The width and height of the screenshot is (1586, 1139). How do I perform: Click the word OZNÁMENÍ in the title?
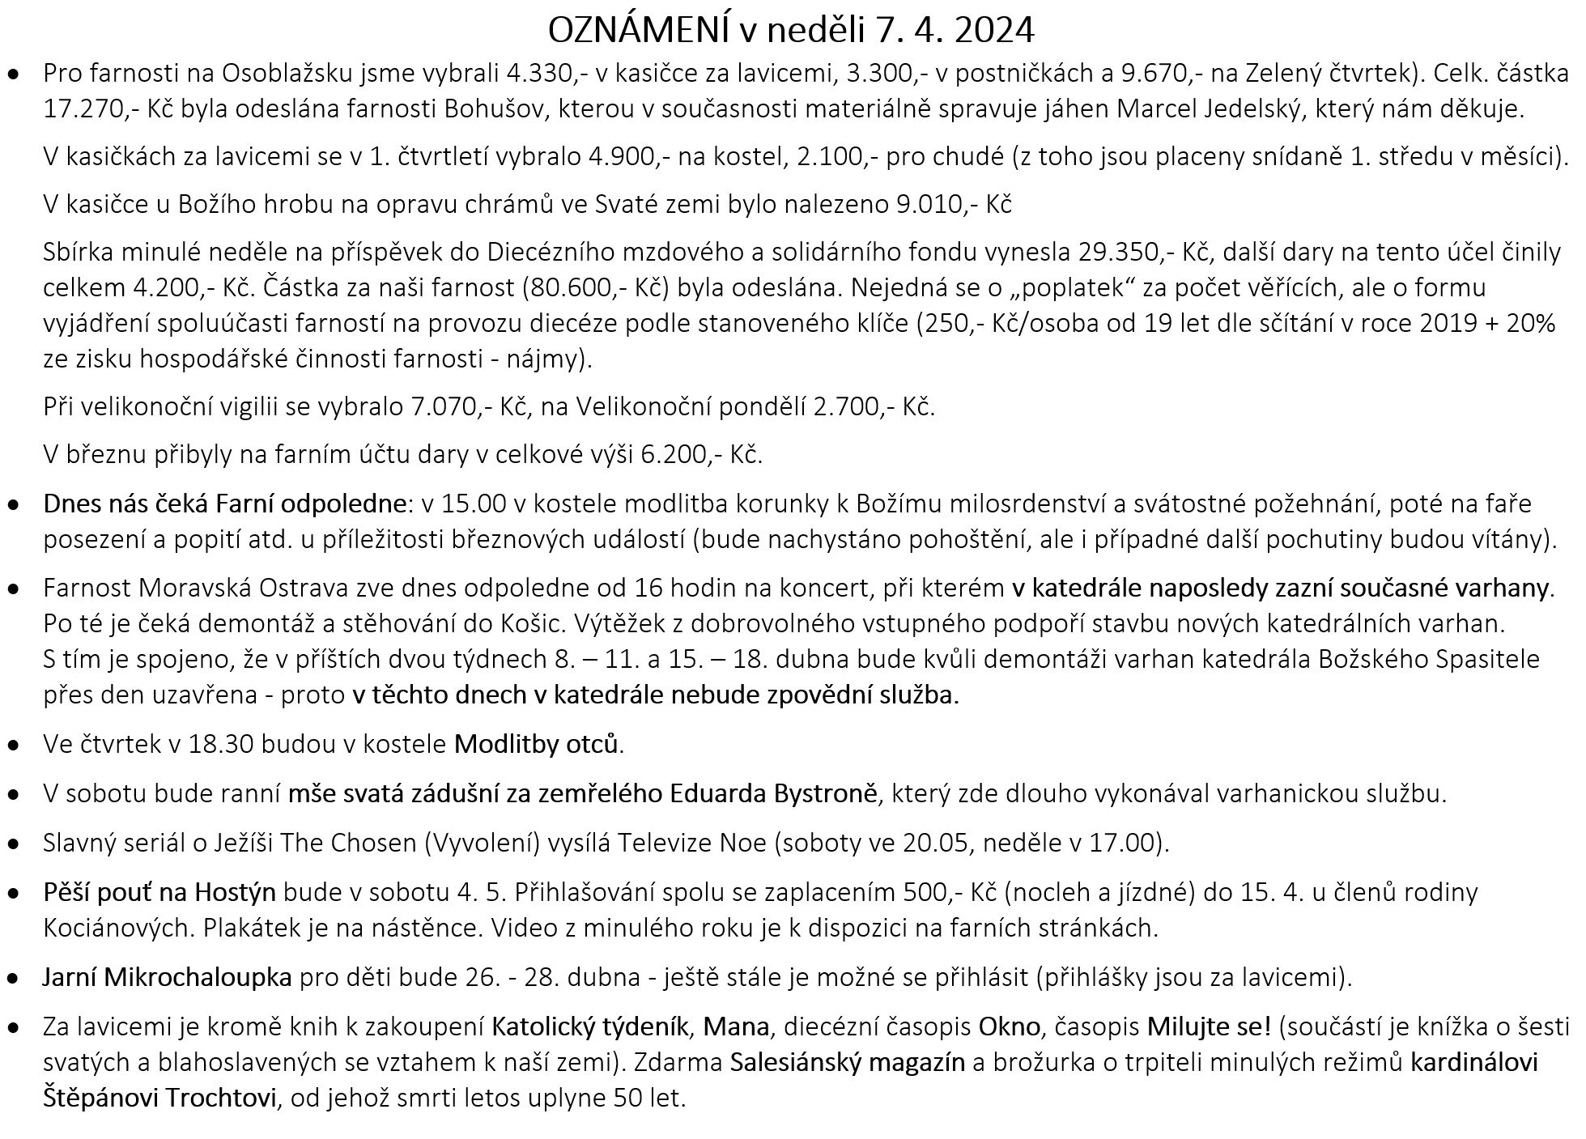pos(639,32)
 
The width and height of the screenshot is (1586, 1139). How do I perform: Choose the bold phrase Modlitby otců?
pos(538,744)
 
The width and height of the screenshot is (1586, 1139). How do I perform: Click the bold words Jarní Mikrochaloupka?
pos(167,978)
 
